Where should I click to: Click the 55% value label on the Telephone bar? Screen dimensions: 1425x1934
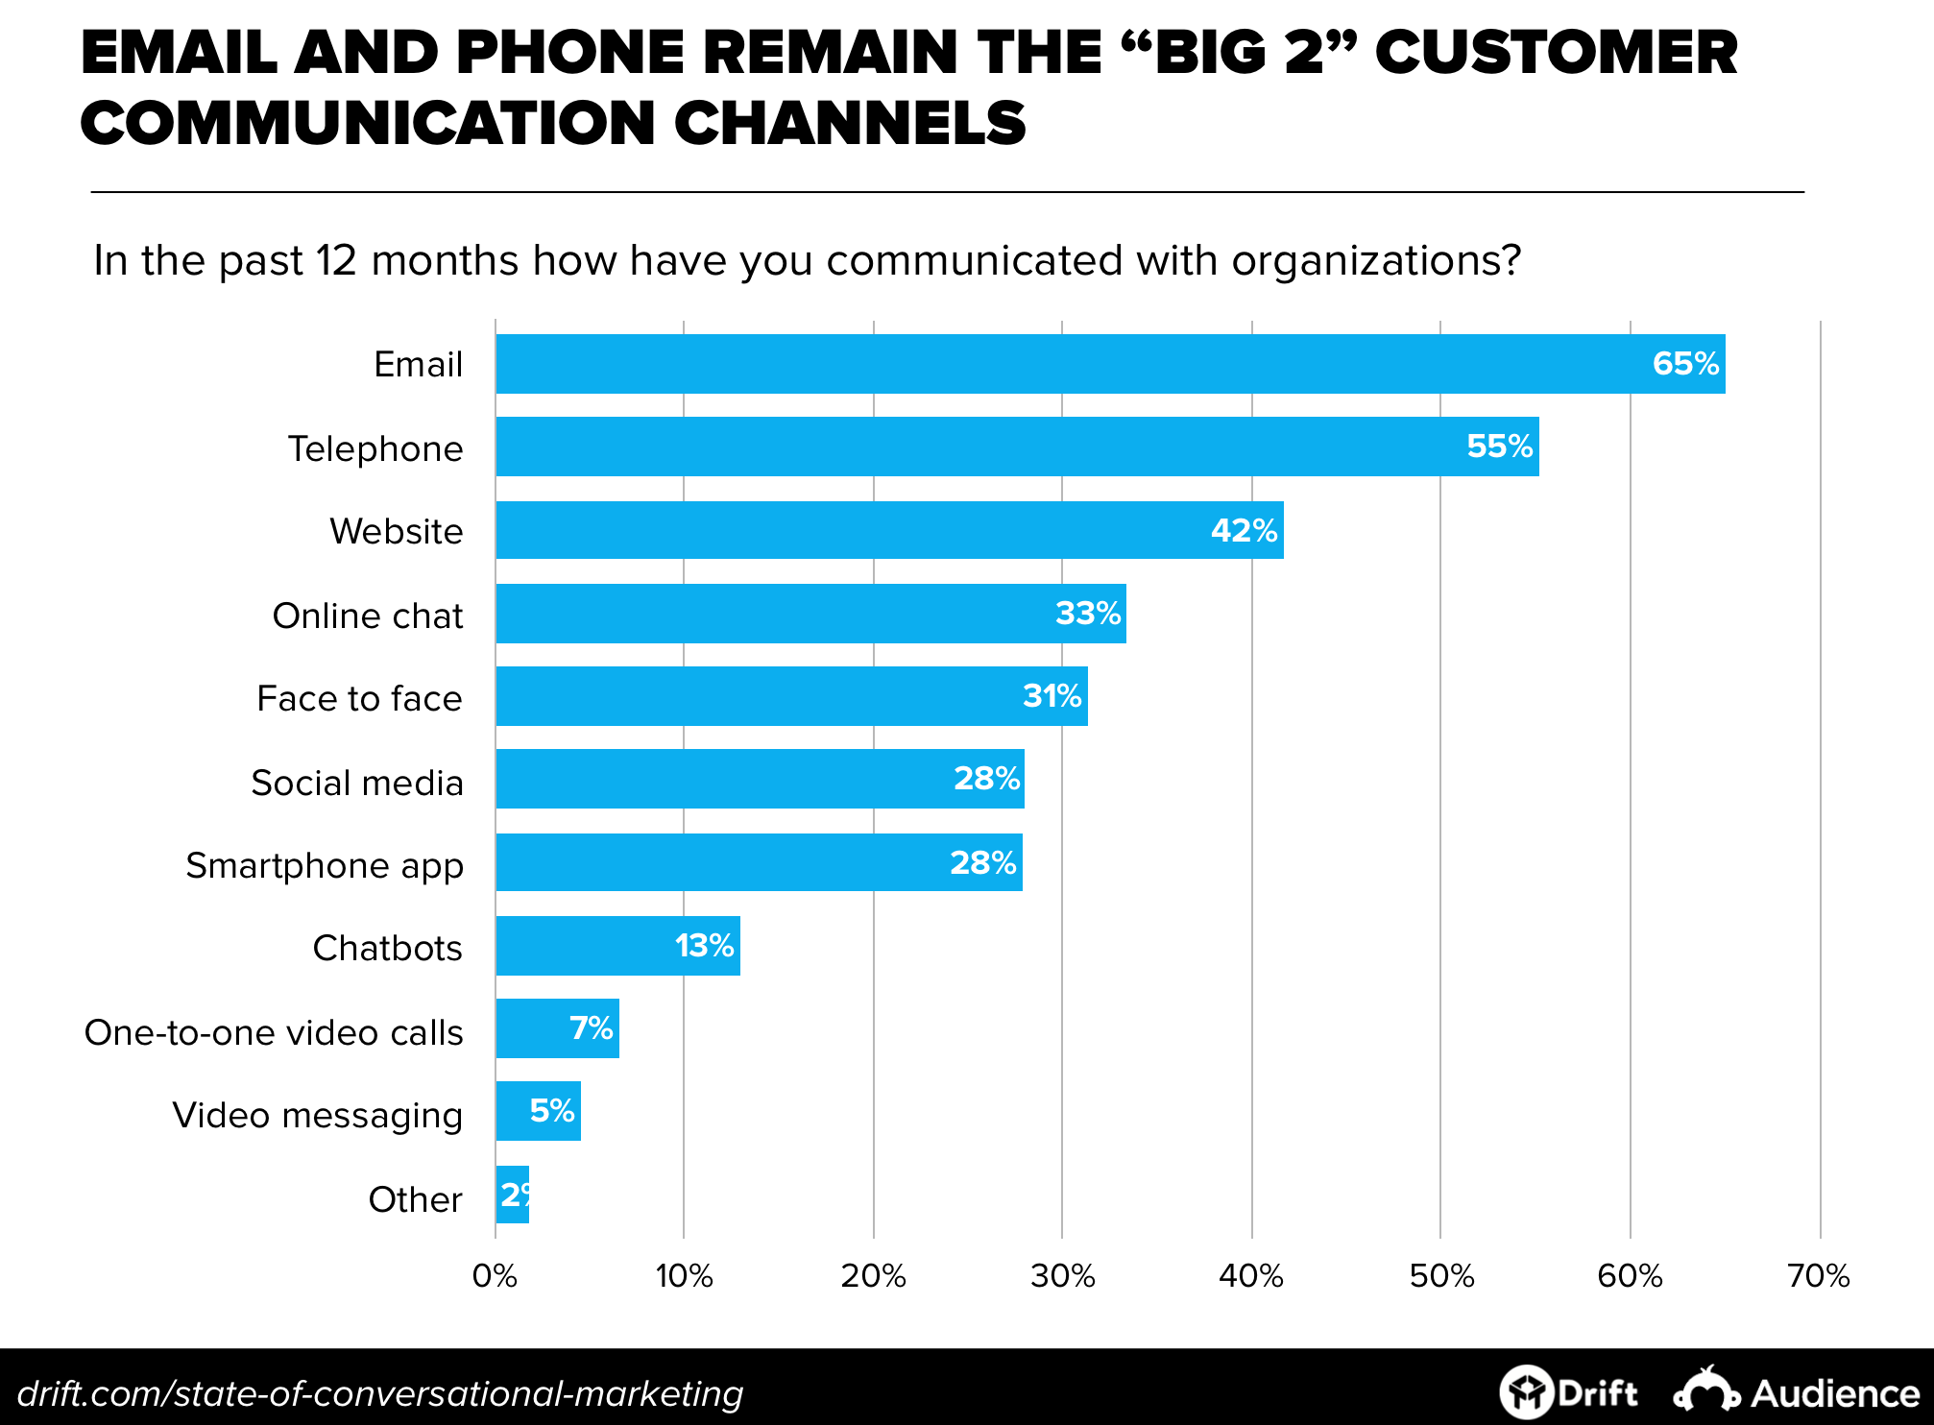[1499, 447]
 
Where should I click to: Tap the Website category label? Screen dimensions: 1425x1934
[396, 531]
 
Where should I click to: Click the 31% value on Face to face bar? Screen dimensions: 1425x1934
[1052, 696]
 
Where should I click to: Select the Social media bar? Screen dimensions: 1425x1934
[759, 779]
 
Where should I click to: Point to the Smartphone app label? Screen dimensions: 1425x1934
[325, 865]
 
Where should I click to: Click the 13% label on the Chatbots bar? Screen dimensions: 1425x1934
[704, 946]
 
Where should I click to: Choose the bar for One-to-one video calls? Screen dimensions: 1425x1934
[557, 1028]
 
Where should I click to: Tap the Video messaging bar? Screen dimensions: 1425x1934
[538, 1111]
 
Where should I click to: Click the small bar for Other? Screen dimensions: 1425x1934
[512, 1195]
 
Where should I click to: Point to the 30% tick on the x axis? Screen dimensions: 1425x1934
[1062, 1276]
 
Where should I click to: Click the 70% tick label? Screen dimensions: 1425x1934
[1818, 1276]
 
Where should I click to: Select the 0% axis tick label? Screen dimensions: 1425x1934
[495, 1276]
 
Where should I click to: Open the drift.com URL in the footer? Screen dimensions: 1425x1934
[380, 1393]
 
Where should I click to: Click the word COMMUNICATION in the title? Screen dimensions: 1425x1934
[368, 124]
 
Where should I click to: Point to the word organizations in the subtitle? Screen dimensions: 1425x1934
[1367, 260]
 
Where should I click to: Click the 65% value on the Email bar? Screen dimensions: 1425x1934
[1685, 364]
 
